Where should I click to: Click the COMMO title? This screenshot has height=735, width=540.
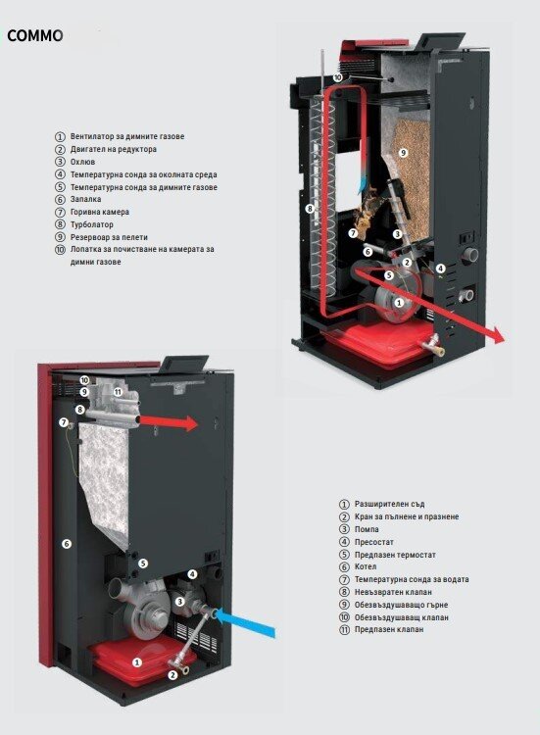pyautogui.click(x=34, y=35)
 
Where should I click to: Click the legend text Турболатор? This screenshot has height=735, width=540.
pyautogui.click(x=92, y=224)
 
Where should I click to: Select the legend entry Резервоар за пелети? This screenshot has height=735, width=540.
pyautogui.click(x=109, y=237)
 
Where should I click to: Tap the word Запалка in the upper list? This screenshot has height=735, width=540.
pyautogui.click(x=86, y=199)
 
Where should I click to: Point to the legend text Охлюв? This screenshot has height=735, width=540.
pyautogui.click(x=82, y=162)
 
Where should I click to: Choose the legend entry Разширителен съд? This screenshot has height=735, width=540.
pyautogui.click(x=389, y=504)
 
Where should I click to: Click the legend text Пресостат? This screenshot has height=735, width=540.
pyautogui.click(x=374, y=542)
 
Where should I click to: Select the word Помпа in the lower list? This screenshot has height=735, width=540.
pyautogui.click(x=367, y=529)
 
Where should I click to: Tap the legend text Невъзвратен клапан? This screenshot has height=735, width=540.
pyautogui.click(x=393, y=592)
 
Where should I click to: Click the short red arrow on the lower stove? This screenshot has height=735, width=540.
pyautogui.click(x=170, y=422)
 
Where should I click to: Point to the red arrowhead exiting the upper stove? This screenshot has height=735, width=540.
pyautogui.click(x=497, y=336)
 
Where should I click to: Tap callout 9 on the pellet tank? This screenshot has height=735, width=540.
pyautogui.click(x=403, y=153)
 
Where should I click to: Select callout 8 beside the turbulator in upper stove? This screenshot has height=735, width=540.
pyautogui.click(x=310, y=209)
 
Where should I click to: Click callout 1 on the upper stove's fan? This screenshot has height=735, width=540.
pyautogui.click(x=399, y=303)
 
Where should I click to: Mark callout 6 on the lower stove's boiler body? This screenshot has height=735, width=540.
pyautogui.click(x=67, y=544)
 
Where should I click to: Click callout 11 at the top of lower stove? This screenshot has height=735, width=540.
pyautogui.click(x=118, y=392)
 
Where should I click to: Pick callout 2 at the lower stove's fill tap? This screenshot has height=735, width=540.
pyautogui.click(x=172, y=675)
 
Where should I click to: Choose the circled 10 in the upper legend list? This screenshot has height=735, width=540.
pyautogui.click(x=60, y=249)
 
